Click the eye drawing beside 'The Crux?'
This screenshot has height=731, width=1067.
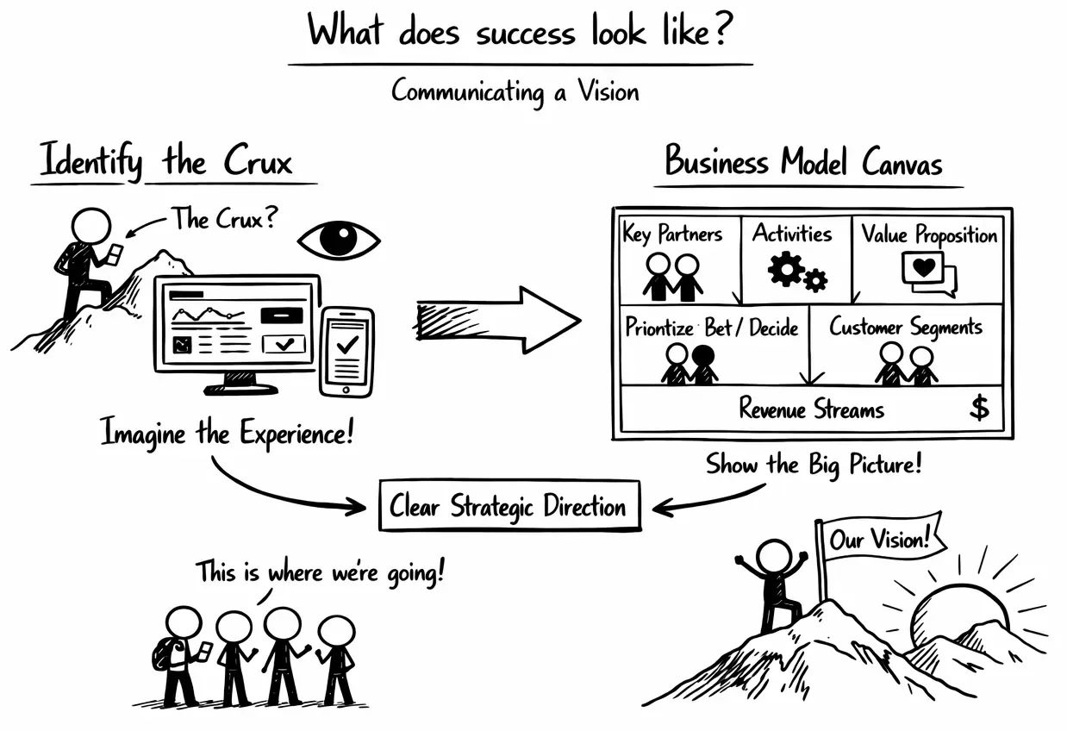coord(339,240)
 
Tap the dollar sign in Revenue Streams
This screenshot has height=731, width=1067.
coord(979,407)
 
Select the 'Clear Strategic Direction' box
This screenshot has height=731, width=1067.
coord(509,506)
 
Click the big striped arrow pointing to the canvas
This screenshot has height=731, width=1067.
coord(498,320)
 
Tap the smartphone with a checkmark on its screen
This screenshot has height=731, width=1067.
coord(346,352)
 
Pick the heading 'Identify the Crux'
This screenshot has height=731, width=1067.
coord(166,163)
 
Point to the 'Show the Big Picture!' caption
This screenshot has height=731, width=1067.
coord(814,465)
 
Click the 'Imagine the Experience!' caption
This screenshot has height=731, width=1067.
coord(228,431)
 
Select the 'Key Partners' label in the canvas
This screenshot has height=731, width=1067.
coord(672,234)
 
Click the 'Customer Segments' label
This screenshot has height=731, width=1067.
coord(906,328)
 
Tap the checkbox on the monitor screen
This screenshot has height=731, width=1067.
coord(284,345)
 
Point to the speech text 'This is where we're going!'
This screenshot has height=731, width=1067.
coord(320,572)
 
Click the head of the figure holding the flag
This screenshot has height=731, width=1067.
coord(773,556)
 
